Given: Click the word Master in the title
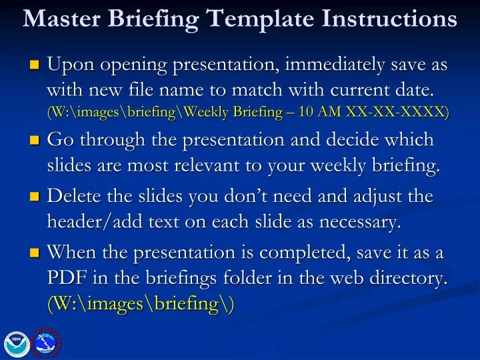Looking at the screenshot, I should coord(59,18).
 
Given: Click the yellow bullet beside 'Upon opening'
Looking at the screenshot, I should coord(35,66).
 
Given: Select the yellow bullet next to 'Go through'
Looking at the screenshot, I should coord(35,141).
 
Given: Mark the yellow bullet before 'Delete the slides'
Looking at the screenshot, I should coord(35,197).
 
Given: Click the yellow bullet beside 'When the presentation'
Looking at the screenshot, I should coord(35,253).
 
